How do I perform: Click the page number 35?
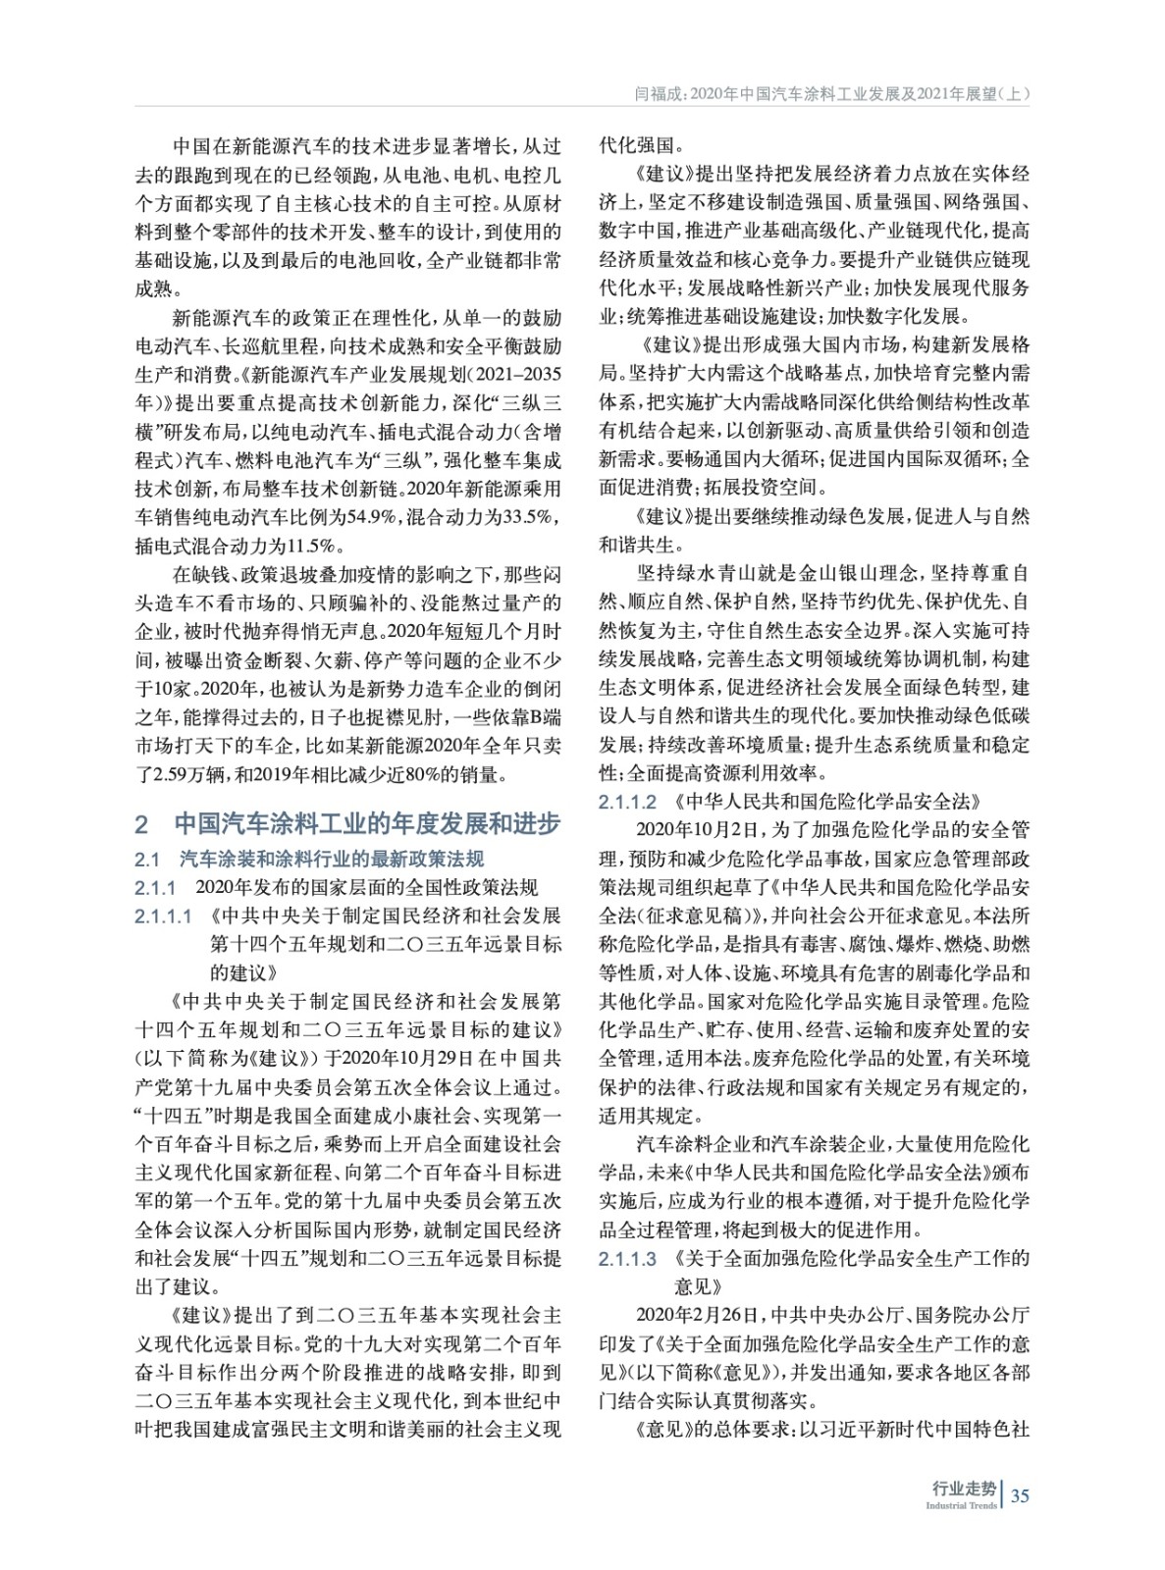point(1020,1496)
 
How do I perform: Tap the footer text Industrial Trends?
point(961,1506)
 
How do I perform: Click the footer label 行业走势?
point(964,1489)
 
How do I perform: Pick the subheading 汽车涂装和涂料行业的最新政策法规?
point(332,860)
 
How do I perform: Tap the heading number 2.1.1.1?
point(164,916)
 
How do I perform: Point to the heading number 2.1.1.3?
point(627,1258)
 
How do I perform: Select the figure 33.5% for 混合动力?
point(527,517)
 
